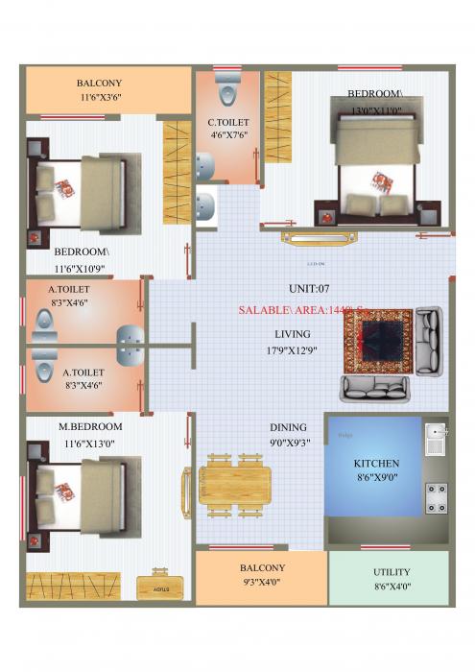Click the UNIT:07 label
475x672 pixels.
pos(309,288)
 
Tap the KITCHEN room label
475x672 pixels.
pos(375,463)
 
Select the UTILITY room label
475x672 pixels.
pos(392,572)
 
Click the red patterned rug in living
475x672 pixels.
pos(377,341)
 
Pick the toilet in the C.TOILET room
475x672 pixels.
pos(226,89)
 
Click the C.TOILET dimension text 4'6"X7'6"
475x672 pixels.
pos(228,135)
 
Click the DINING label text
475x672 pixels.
pos(288,428)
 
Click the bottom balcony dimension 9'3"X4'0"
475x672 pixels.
pos(262,581)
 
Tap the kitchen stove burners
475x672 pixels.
pos(436,496)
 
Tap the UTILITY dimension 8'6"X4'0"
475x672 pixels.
pos(391,586)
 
